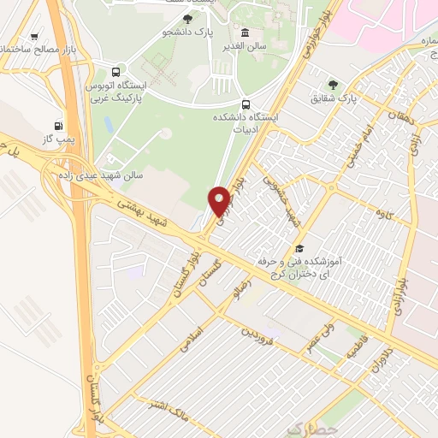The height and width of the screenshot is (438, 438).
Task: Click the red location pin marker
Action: pos(219,201)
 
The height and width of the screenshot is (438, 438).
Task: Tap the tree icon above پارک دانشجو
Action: pos(187,18)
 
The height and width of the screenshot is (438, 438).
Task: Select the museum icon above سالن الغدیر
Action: pos(246,33)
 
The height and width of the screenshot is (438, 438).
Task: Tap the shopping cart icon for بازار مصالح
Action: pos(33,36)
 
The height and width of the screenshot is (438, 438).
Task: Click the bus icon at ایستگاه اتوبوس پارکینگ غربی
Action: pos(115,72)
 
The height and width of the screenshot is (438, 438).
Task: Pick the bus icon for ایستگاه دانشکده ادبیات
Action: pos(246,104)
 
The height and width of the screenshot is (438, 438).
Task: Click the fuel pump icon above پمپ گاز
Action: pos(58,125)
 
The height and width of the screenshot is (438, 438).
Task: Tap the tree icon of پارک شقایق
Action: pos(332,85)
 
